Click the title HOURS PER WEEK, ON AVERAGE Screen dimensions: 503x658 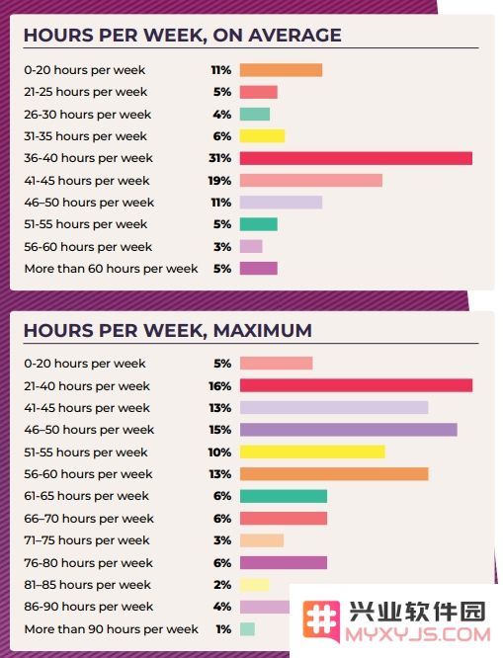pyautogui.click(x=182, y=36)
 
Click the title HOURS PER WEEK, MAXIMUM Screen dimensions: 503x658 pyautogui.click(x=168, y=331)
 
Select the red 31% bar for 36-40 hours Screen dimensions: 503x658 pyautogui.click(x=356, y=158)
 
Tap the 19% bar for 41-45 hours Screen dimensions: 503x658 pyautogui.click(x=311, y=181)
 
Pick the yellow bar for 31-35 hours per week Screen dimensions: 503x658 pyautogui.click(x=263, y=136)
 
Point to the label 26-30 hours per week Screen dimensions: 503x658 pyautogui.click(x=87, y=115)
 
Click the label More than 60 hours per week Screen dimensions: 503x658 pyautogui.click(x=111, y=269)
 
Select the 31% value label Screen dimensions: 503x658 pyautogui.click(x=220, y=158)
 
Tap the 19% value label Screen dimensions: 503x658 pyautogui.click(x=220, y=181)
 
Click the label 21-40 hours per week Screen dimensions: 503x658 pyautogui.click(x=87, y=386)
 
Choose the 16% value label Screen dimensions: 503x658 pyautogui.click(x=220, y=386)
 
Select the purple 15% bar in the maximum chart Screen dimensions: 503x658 pyautogui.click(x=349, y=430)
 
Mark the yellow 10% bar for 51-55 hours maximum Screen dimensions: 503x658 pyautogui.click(x=312, y=452)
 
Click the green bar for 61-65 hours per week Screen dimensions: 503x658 pyautogui.click(x=284, y=496)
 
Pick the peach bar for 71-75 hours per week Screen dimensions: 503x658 pyautogui.click(x=262, y=540)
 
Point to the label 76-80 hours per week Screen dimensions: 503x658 pyautogui.click(x=88, y=563)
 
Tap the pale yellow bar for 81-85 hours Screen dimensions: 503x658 pyautogui.click(x=254, y=585)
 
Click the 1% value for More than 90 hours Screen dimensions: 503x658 pyautogui.click(x=223, y=629)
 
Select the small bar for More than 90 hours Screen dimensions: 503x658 pyautogui.click(x=247, y=629)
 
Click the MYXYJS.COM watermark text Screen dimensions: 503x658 pyautogui.click(x=418, y=634)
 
